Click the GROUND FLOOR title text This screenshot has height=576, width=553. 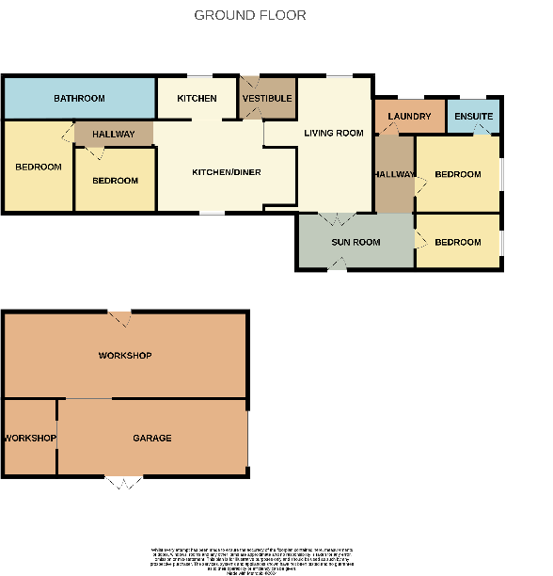(x=249, y=15)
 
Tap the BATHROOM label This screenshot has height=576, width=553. (x=79, y=98)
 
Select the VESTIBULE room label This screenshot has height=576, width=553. (x=267, y=98)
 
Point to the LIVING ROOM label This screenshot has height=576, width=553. (x=333, y=133)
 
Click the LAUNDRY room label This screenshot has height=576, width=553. (x=408, y=117)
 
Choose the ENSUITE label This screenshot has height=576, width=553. (x=472, y=117)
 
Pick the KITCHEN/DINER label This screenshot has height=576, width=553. (x=226, y=172)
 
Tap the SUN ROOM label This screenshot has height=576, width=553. (x=355, y=242)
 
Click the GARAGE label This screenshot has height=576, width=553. (x=151, y=438)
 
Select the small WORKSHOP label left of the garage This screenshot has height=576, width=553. (x=29, y=439)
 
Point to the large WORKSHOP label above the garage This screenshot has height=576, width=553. (x=125, y=356)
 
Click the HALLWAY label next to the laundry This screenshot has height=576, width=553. (x=393, y=174)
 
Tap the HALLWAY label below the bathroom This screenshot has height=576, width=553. (x=113, y=135)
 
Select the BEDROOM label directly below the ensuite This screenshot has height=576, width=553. (x=458, y=174)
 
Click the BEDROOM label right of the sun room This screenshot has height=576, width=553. (x=458, y=242)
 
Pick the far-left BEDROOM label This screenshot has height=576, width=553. (x=39, y=167)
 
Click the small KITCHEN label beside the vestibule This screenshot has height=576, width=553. (x=197, y=98)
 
